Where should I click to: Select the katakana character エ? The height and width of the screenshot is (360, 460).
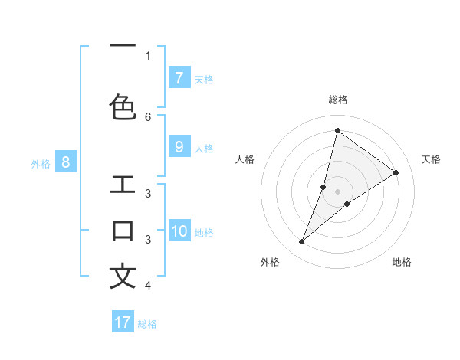[123, 185]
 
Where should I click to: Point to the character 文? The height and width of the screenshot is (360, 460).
[123, 276]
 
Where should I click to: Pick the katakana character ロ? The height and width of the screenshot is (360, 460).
[123, 231]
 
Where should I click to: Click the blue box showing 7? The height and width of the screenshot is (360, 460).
[179, 77]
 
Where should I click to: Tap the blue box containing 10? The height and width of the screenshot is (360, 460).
[179, 231]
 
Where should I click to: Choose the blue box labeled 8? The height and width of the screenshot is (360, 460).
[66, 162]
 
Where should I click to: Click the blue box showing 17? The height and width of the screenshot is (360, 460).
[123, 322]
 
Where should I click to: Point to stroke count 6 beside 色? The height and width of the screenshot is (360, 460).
[148, 116]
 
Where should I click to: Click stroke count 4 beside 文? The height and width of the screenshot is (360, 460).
[148, 286]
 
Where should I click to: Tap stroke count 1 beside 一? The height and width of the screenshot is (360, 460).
[148, 55]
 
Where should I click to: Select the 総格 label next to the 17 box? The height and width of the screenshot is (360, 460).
[147, 324]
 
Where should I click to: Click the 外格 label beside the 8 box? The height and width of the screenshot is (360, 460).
[41, 163]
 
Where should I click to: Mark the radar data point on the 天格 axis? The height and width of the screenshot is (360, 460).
[396, 172]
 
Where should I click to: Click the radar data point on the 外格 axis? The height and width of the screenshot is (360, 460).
[302, 242]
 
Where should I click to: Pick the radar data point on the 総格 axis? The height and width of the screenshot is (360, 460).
[337, 130]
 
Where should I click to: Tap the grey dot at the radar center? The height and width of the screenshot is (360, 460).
[337, 191]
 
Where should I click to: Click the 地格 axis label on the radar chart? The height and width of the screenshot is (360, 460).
[402, 262]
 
